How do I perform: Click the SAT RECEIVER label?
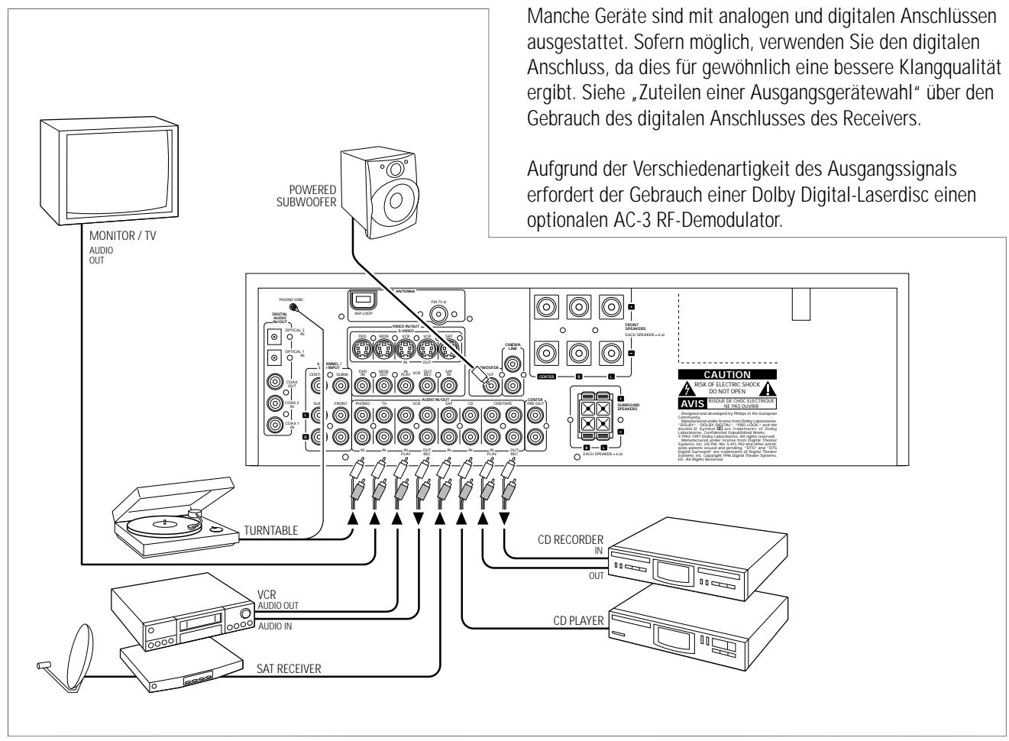289,668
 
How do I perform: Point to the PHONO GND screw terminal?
293,307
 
